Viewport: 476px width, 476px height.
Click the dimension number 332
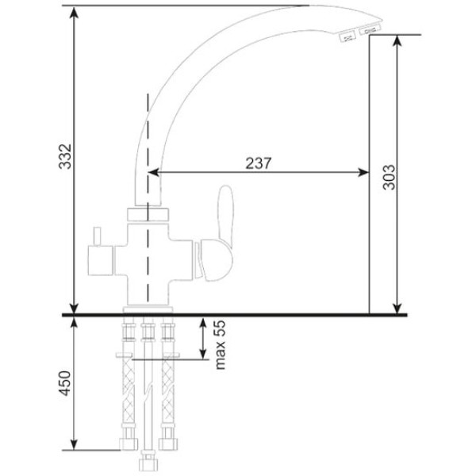point(65,156)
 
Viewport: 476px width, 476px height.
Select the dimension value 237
point(259,163)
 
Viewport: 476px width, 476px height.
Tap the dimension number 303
point(389,177)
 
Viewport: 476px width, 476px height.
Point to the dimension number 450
point(65,383)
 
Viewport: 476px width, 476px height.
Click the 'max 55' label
point(220,345)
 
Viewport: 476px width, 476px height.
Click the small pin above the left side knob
point(97,236)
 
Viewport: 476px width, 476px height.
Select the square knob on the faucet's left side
point(100,260)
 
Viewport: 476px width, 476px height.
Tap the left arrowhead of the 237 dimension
point(154,172)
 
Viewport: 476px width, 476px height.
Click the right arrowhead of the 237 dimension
point(363,172)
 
